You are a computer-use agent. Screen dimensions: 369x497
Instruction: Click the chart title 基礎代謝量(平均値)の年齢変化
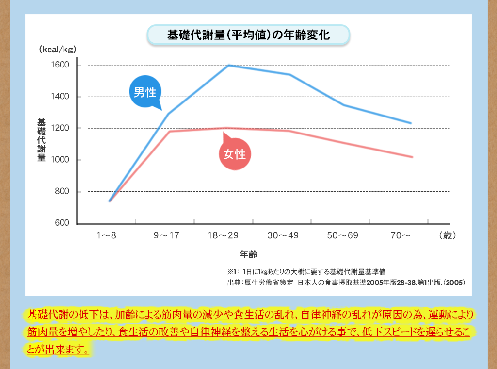click(248, 35)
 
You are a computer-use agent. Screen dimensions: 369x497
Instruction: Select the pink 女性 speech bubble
click(235, 154)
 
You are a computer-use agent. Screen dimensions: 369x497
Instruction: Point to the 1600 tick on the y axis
click(61, 65)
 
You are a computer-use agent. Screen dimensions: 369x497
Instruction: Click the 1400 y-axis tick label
click(61, 97)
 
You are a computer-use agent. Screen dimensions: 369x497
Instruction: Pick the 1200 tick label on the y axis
click(61, 128)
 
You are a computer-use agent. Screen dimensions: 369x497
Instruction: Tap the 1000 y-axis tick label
click(61, 160)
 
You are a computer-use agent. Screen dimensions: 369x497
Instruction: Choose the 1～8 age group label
click(107, 236)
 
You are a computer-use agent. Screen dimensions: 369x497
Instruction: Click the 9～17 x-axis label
click(166, 236)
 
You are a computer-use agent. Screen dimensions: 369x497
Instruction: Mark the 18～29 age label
click(224, 236)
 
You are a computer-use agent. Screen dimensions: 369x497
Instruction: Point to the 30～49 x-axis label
click(283, 236)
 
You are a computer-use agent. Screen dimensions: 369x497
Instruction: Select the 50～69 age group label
click(342, 236)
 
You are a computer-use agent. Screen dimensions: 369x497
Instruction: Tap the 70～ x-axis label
click(401, 236)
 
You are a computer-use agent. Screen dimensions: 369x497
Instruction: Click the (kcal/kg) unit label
click(58, 50)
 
